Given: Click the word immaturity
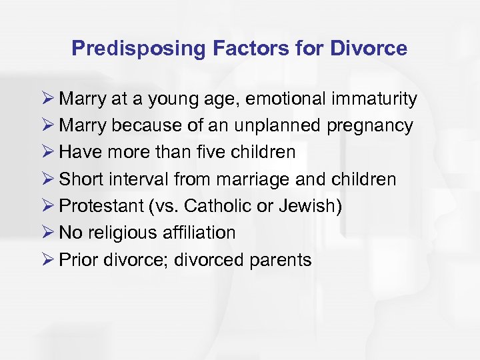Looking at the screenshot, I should [x=377, y=99].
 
